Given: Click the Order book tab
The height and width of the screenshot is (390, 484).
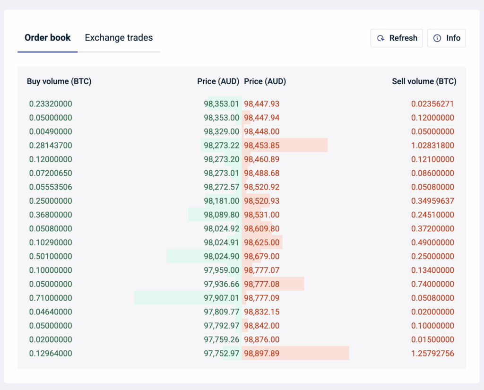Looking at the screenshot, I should (x=48, y=38).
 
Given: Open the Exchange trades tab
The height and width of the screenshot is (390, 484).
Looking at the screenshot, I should (x=119, y=38).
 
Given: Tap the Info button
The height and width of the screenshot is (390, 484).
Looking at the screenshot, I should (x=447, y=38).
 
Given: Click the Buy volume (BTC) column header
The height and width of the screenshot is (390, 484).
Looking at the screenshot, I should (x=59, y=81).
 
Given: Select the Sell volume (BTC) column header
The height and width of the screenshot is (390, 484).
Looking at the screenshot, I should (x=424, y=81).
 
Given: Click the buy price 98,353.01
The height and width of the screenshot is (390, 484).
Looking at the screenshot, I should (x=222, y=104).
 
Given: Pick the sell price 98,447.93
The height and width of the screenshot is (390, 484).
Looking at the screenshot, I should (x=261, y=104).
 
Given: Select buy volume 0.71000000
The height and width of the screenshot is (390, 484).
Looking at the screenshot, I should (x=51, y=298).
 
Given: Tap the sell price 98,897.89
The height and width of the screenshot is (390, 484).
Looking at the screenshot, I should (x=261, y=354).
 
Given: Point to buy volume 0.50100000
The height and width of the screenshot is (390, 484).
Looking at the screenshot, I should (x=51, y=257).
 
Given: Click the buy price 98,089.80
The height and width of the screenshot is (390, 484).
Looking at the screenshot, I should (x=222, y=215).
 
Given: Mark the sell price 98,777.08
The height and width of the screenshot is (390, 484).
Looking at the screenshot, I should (x=261, y=284).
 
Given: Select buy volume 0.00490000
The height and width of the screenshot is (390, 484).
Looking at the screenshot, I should (x=51, y=131).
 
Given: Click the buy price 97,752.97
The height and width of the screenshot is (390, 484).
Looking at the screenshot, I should (x=222, y=354).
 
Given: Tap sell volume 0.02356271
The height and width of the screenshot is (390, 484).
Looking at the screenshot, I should (x=432, y=104).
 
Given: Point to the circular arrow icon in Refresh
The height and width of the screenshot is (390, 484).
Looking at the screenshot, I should (x=380, y=38).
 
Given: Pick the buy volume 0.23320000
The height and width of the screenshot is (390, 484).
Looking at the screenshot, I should (x=51, y=104).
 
